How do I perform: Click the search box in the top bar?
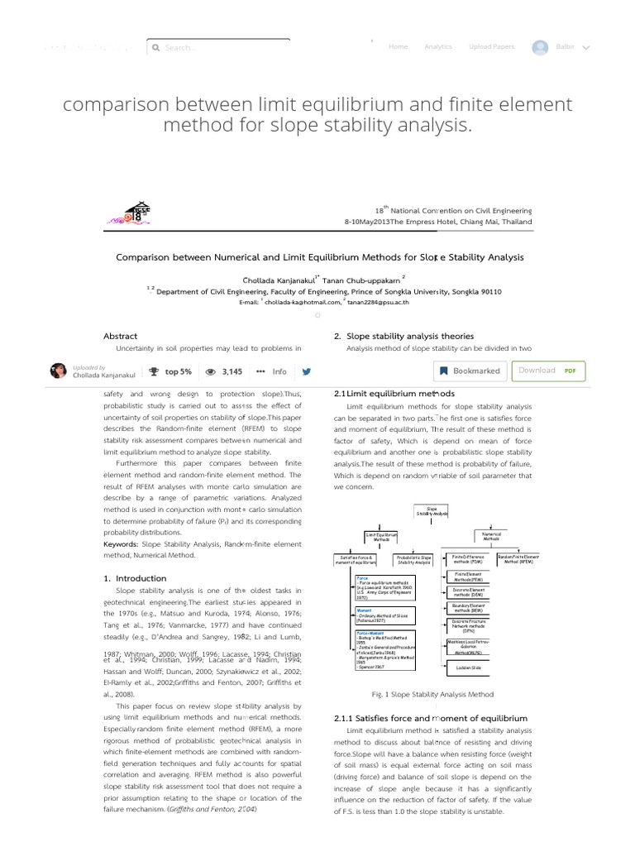click(x=218, y=48)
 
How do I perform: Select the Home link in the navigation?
click(x=398, y=47)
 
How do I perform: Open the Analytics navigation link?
click(x=438, y=47)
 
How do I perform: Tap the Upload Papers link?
click(x=491, y=47)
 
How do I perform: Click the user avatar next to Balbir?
click(x=541, y=47)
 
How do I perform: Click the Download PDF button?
click(x=548, y=371)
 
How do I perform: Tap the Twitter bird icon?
click(x=307, y=371)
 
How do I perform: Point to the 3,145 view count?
click(x=223, y=371)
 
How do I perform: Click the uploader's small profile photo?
click(x=58, y=371)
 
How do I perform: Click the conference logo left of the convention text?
click(x=127, y=214)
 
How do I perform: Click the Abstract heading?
click(x=120, y=336)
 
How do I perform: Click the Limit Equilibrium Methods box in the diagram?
click(x=381, y=538)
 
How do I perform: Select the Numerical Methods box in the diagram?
click(x=491, y=538)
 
